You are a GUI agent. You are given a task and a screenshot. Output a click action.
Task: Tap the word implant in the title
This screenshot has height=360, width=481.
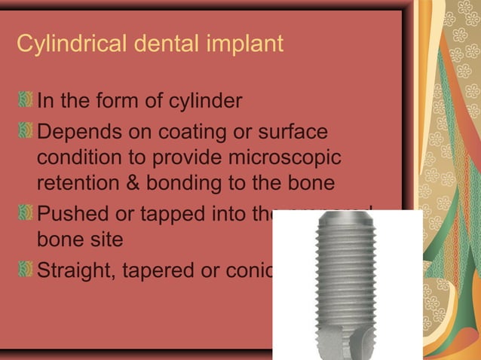[244, 44]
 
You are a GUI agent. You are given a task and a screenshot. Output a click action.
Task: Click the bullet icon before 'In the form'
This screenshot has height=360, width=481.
[26, 99]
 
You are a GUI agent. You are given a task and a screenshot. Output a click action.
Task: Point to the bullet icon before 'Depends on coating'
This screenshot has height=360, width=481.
[26, 133]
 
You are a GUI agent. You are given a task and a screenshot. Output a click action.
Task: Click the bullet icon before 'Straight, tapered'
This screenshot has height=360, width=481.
[26, 269]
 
